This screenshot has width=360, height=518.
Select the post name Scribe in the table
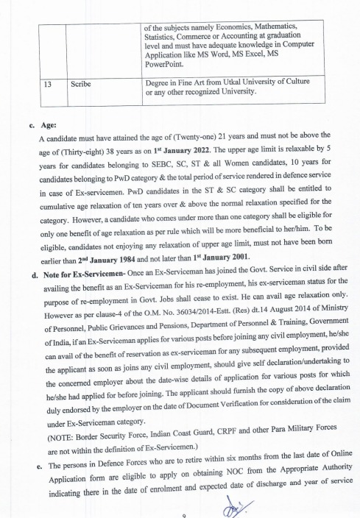click(x=82, y=85)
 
